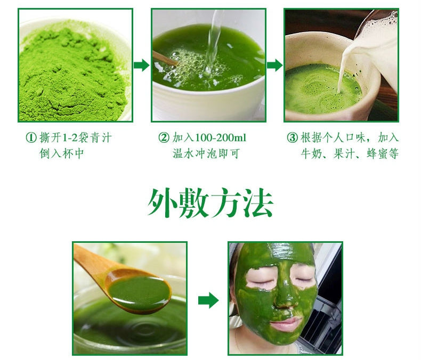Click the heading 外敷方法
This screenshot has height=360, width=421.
210,203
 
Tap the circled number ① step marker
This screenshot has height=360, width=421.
31,138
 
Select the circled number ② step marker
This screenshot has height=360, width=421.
164,138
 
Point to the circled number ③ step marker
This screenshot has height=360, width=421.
292,138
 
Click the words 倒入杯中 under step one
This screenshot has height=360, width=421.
61,154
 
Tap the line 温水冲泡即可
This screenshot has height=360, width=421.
206,154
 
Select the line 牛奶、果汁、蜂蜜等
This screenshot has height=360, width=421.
350,154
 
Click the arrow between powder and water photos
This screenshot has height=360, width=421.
141,66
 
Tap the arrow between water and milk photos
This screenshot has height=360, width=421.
274,66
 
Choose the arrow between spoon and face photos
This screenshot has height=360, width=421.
208,300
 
